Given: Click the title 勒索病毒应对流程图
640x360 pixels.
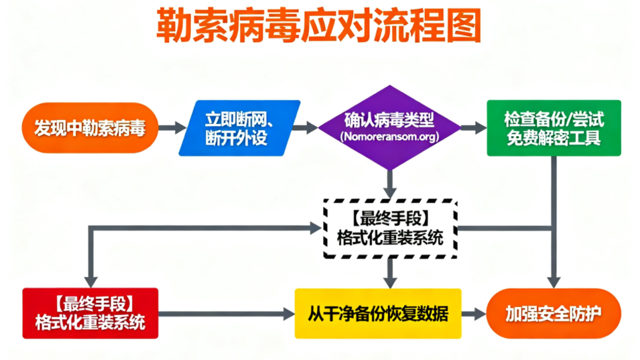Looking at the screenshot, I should (x=319, y=26).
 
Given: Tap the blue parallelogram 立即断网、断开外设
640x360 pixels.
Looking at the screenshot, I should (x=239, y=127).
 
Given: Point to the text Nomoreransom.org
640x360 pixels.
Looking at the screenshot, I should (x=389, y=137).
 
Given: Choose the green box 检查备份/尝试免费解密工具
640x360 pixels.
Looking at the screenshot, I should (x=554, y=128).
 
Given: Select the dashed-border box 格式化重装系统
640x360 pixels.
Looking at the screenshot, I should (x=389, y=228).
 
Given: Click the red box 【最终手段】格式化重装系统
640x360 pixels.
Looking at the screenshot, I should (x=90, y=313).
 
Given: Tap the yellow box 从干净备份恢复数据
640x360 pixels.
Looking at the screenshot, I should (x=378, y=313).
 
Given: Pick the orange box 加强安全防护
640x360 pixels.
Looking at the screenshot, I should (x=554, y=313).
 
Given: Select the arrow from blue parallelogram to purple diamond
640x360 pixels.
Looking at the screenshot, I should (x=308, y=127).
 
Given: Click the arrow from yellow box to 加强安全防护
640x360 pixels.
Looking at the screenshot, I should (x=474, y=313).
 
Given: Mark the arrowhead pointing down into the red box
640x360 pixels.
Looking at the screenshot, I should (x=90, y=282).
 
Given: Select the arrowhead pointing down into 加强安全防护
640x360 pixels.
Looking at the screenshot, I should (x=554, y=282).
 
